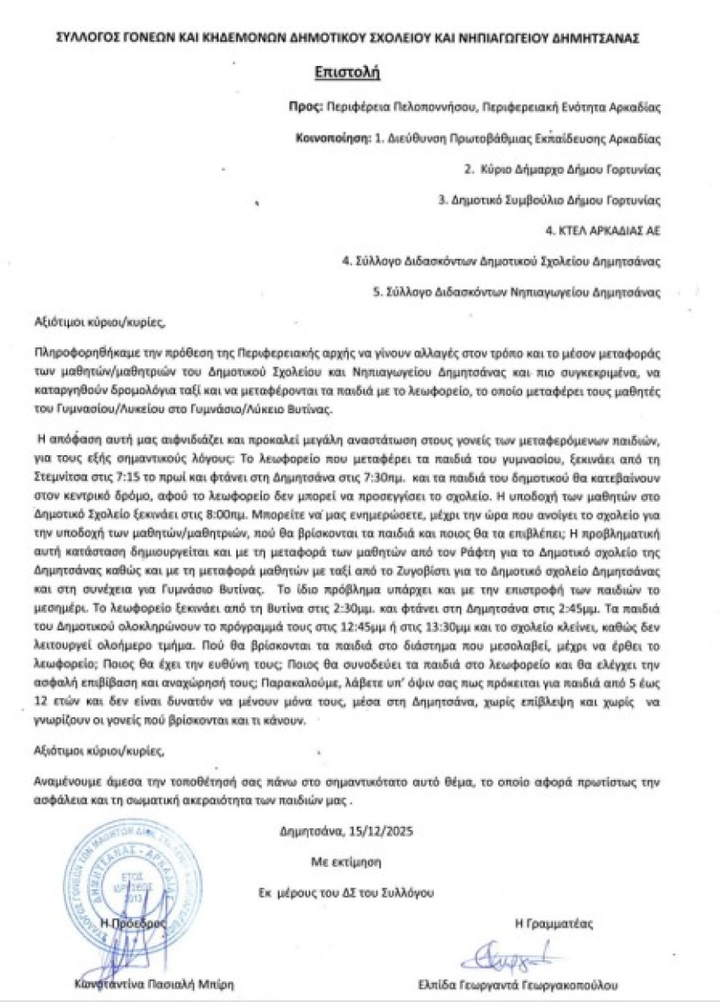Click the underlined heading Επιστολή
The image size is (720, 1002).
[347, 73]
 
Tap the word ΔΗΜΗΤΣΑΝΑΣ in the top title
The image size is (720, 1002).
[609, 38]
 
